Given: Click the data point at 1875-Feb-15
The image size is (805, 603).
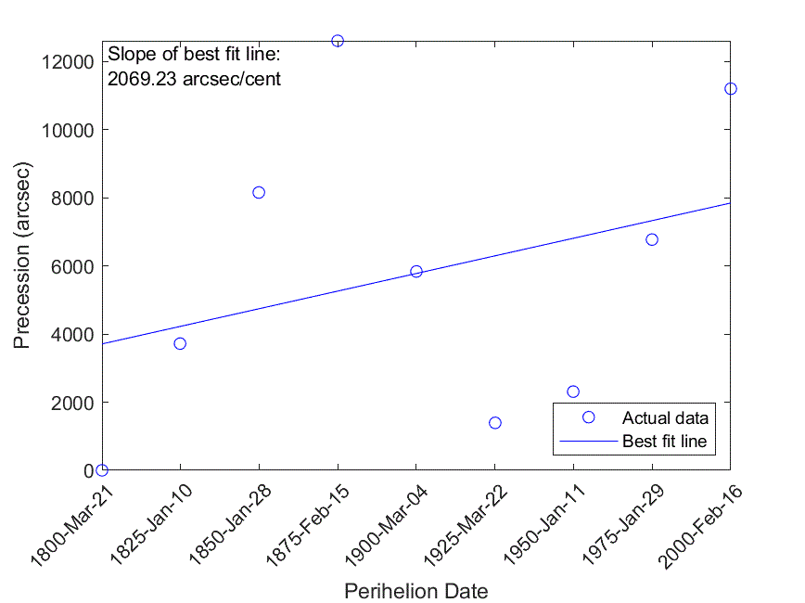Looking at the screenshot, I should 338,41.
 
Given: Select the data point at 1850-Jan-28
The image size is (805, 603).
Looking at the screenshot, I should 259,192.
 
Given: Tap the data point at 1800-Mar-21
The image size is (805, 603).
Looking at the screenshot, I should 102,470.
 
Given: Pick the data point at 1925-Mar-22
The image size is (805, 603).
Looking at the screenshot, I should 495,423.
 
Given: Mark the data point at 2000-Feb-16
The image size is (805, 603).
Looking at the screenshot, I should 731,89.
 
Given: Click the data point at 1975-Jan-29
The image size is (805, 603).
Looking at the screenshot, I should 652,239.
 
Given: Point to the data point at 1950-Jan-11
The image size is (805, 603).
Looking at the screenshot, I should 573,391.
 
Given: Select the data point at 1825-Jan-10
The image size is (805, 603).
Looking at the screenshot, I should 180,343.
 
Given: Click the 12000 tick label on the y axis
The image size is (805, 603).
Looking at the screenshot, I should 68,62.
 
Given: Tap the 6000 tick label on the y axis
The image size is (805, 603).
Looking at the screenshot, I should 72,266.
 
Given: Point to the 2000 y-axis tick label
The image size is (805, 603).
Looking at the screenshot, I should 72,403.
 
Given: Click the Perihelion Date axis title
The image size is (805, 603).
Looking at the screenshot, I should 415,591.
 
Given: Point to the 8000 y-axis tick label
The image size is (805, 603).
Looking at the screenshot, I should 72,199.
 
